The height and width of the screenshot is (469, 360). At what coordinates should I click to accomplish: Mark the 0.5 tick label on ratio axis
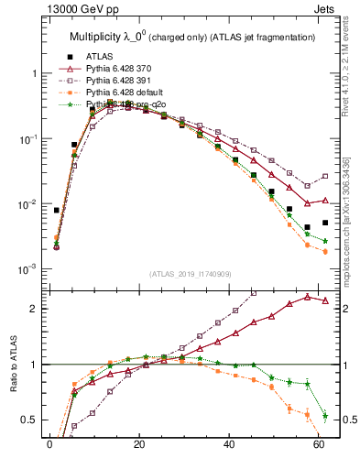[x=28, y=420]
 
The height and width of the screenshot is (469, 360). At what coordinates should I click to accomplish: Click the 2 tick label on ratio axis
[x=33, y=309]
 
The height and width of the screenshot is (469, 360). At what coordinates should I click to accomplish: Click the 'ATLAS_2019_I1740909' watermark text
[x=189, y=274]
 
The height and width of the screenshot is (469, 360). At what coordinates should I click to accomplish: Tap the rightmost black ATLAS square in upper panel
[x=325, y=223]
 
